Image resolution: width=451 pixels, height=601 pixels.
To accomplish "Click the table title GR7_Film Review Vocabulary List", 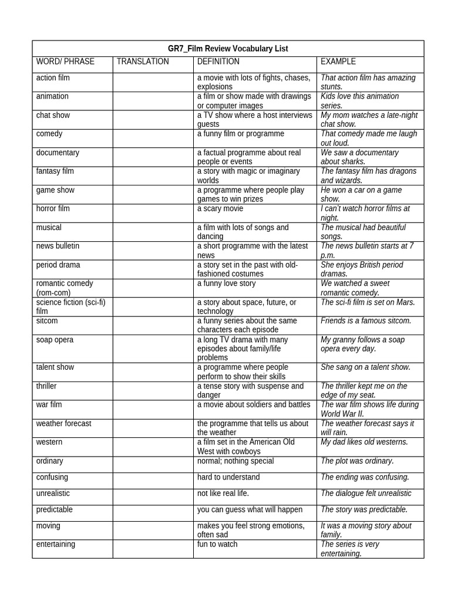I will pos(228,49).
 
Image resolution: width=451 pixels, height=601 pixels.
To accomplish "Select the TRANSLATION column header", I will pos(143,62).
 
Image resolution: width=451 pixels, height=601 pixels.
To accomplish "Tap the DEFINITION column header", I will pos(218,62).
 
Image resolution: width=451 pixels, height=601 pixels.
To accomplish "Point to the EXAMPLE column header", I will pos(338,62).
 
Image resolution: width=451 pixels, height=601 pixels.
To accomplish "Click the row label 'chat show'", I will pos(53,115).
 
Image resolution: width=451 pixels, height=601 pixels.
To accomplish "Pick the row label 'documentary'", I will pos(58,153).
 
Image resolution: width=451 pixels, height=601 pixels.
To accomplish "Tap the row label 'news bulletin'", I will pos(58,246).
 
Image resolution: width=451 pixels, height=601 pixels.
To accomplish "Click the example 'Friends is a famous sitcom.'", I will pos(366,321).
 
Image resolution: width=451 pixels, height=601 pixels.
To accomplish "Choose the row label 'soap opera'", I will pos(55,340).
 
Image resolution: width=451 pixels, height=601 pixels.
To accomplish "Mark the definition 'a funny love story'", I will pos(227,283).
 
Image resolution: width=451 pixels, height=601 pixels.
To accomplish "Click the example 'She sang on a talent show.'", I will pos(365,367).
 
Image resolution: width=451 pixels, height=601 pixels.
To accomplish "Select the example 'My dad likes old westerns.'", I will pos(364,442).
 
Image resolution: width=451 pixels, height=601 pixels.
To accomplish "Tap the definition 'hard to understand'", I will pos(228,477).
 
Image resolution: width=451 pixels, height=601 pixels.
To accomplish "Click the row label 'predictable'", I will pos(55,509).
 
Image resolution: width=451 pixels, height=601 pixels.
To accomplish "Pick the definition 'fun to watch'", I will pos(217,544).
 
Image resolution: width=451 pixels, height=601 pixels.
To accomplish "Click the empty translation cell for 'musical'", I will pos(153,231).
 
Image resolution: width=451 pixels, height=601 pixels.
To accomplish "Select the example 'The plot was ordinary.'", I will pos(357,461).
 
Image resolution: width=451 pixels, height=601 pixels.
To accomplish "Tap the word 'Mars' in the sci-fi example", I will pos(407,302).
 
